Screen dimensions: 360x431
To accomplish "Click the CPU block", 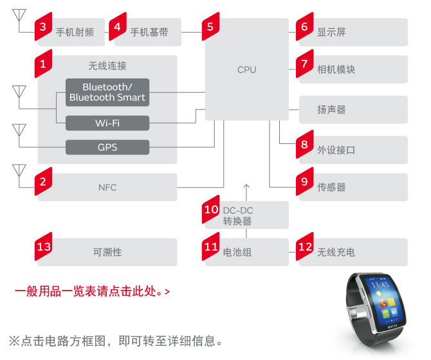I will coord(246,69).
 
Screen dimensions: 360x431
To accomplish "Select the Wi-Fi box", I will coord(107,123).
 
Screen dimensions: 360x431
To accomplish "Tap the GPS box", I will coord(107,147).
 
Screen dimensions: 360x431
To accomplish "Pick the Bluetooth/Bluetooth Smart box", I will coord(107,92).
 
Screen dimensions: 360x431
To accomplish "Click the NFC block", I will coord(107,187).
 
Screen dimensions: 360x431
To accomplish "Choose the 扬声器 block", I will coord(353,110).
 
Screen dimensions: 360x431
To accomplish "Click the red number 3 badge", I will coord(42,26).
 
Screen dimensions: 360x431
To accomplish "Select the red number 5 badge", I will coord(210,26).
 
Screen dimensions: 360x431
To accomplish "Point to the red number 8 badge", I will coord(304,145).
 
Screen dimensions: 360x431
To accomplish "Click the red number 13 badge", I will coord(44,247).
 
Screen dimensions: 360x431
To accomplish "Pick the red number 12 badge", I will coord(304,247).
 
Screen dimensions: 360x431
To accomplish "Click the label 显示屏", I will coord(331,32).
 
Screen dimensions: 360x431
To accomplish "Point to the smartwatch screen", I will coord(387,301).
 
